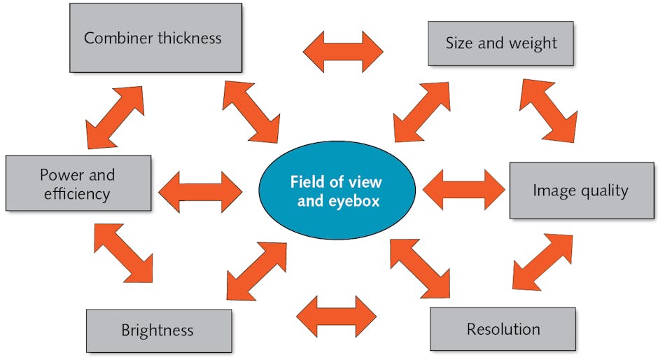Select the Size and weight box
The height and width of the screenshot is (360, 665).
click(x=501, y=43)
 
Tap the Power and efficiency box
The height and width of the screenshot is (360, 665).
click(x=78, y=184)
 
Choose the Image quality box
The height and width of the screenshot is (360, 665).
click(x=580, y=191)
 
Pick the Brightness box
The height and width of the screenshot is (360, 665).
click(x=158, y=331)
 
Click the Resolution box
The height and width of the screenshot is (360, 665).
click(x=503, y=329)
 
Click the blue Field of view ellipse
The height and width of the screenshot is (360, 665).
click(x=337, y=191)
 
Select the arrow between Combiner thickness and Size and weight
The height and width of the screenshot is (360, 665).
click(x=343, y=52)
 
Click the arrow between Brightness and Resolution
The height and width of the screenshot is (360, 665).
click(x=336, y=317)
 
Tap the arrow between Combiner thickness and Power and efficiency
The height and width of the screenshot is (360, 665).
click(x=115, y=118)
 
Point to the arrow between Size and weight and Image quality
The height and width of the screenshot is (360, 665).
click(x=548, y=110)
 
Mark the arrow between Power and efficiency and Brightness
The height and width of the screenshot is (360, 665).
click(x=123, y=253)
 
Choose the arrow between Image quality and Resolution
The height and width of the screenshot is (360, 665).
click(x=542, y=262)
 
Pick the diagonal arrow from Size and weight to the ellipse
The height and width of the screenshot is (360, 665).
click(x=422, y=112)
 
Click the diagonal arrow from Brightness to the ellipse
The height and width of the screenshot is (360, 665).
click(x=256, y=271)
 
